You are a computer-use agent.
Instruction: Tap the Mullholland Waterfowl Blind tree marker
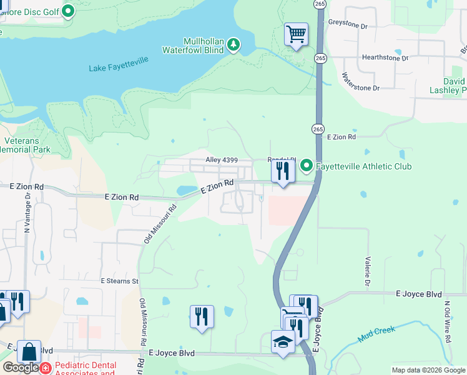point(234,44)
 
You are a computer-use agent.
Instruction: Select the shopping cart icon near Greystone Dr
point(296,34)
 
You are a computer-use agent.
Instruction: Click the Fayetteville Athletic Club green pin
point(306,166)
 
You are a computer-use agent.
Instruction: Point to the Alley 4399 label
point(222,161)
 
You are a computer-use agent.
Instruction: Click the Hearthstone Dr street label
point(385,57)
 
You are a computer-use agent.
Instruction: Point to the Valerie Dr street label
point(368,268)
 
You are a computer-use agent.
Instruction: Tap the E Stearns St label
point(119,281)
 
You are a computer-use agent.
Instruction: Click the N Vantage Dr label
point(27,212)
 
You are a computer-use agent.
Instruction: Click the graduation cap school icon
point(283,342)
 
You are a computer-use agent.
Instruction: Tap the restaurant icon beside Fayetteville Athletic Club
point(283,171)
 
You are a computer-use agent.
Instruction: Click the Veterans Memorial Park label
point(25,146)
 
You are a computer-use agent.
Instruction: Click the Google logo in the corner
point(21,367)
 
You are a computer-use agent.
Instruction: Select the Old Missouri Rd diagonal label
point(157,222)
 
